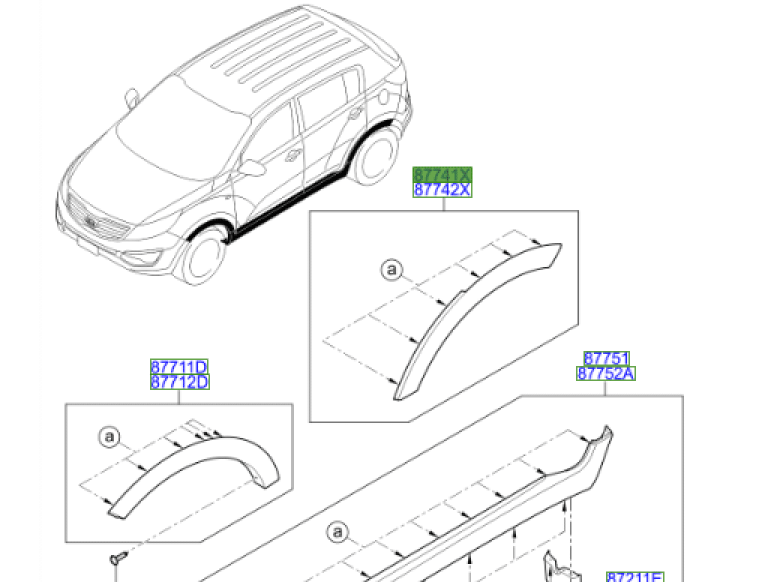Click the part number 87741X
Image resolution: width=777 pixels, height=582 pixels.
(x=442, y=175)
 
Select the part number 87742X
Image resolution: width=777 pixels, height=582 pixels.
(x=442, y=190)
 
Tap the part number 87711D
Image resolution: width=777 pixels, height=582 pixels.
(x=179, y=367)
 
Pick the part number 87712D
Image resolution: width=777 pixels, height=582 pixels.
(x=179, y=382)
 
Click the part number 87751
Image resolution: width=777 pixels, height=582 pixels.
(x=606, y=358)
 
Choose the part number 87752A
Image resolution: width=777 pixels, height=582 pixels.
(x=606, y=373)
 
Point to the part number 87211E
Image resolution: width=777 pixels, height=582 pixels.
(x=634, y=576)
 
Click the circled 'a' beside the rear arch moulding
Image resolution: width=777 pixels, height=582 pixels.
(x=391, y=270)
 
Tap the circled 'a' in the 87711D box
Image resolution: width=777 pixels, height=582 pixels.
(x=109, y=436)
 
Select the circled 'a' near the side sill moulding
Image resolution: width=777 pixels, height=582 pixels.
(x=337, y=532)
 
